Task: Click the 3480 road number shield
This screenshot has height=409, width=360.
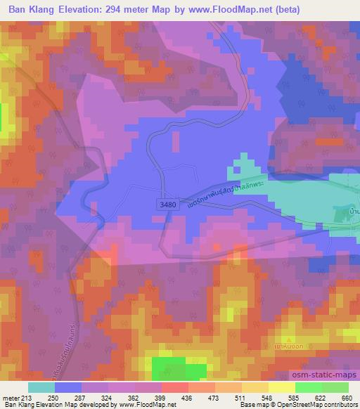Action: coord(167,202)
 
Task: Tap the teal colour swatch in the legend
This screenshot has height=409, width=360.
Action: coord(41,387)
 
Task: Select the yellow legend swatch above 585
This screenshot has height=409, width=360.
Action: coord(282,387)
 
